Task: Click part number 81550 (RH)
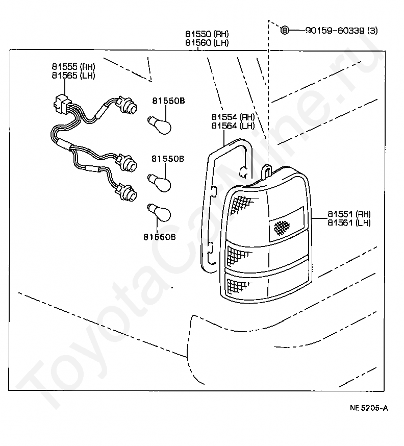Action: coord(207,35)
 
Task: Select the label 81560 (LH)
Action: coord(207,43)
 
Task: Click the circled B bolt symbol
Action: coord(285,31)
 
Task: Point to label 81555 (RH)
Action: coord(73,67)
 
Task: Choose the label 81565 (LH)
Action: coord(73,75)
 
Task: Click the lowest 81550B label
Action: coord(160,237)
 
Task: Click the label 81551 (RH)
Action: coord(349,214)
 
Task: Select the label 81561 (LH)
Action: coord(349,222)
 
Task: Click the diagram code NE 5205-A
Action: coord(369,408)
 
